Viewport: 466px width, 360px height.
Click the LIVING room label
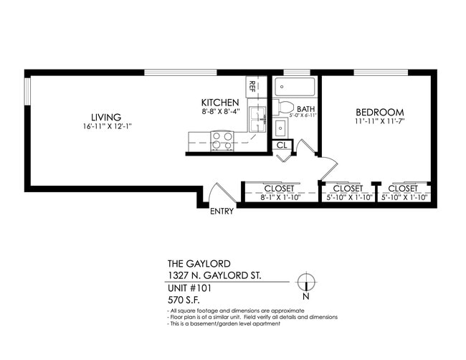[x=105, y=117]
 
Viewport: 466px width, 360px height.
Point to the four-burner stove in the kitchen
[x=222, y=140]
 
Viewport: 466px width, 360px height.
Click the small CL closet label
[x=282, y=146]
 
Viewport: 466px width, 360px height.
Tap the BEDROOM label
[x=380, y=113]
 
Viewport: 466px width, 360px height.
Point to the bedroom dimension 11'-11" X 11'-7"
[x=380, y=123]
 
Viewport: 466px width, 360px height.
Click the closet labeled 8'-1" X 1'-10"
[x=278, y=192]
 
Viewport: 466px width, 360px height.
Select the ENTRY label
[x=222, y=212]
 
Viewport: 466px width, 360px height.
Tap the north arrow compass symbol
[x=306, y=282]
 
